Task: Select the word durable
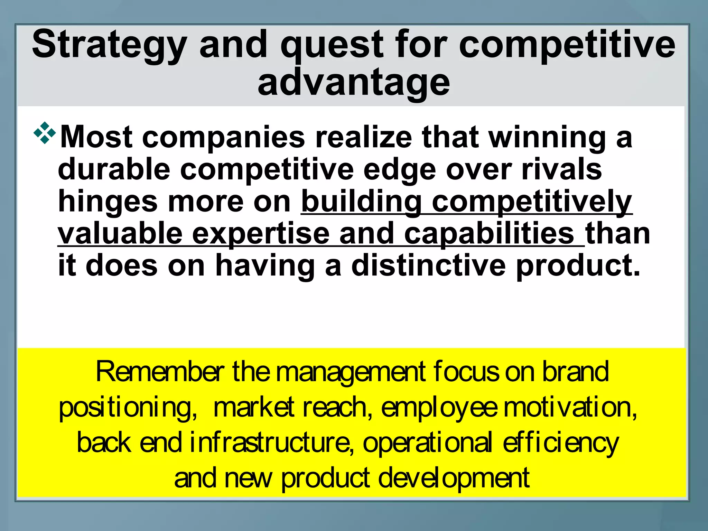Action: click(x=114, y=169)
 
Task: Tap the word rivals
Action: click(x=561, y=169)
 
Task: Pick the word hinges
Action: click(x=108, y=202)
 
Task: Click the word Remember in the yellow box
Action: click(x=159, y=372)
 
